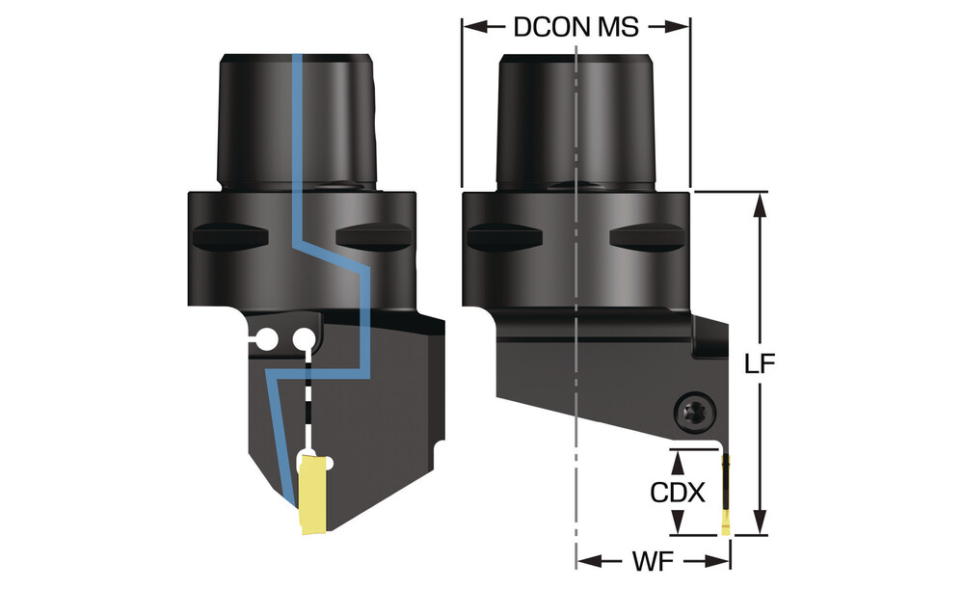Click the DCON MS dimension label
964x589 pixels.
[576, 26]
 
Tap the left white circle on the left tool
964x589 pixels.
[264, 337]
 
